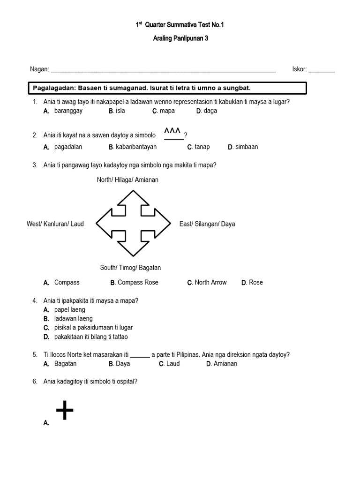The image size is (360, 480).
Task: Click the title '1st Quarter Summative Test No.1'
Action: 180,25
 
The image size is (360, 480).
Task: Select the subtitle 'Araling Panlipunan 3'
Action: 180,39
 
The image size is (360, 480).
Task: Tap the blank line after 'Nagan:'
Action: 163,70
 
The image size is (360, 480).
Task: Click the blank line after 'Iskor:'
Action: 322,70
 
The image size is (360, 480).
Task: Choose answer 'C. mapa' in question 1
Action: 164,111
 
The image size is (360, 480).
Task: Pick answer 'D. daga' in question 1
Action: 207,111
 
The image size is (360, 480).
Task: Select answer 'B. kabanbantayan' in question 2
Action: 133,147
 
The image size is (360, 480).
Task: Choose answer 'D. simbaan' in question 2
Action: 243,147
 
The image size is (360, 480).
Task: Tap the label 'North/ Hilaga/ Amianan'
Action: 127,180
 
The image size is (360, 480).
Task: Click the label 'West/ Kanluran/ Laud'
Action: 55,224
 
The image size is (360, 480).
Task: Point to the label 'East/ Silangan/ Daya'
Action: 207,224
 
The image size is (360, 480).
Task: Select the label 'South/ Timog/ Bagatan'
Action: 130,268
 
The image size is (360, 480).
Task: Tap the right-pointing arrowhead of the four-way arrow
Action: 167,224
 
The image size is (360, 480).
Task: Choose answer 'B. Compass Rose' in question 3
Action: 135,283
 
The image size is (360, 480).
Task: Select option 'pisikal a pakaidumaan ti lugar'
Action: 93,328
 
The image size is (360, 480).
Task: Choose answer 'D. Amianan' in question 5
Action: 222,364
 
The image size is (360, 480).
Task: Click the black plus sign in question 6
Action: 65,411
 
